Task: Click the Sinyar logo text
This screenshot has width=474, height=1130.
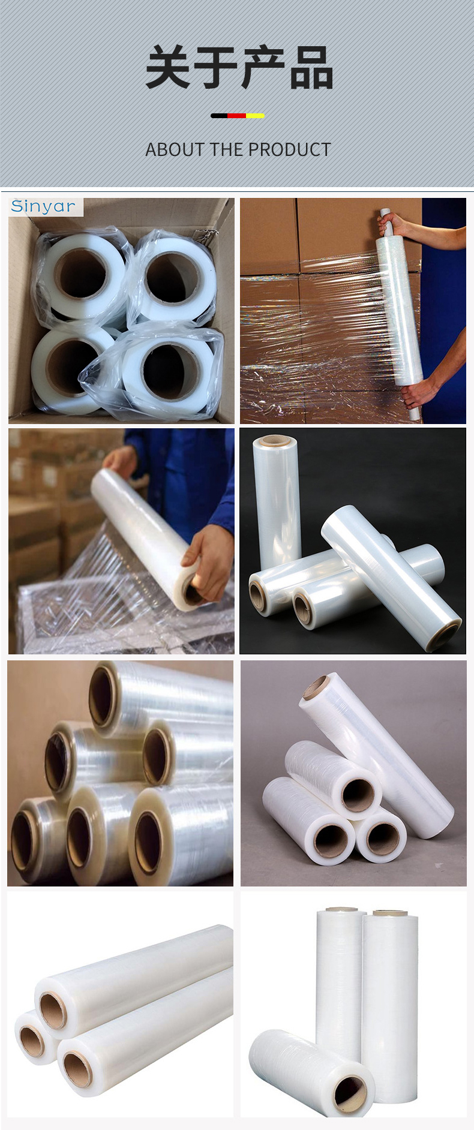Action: pyautogui.click(x=43, y=206)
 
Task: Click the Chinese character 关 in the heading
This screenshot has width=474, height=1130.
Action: pyautogui.click(x=169, y=67)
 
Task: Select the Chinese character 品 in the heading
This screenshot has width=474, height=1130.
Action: pyautogui.click(x=311, y=67)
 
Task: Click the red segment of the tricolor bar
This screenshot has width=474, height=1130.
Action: pyautogui.click(x=237, y=116)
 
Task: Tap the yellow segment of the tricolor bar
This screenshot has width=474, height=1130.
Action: pyautogui.click(x=256, y=116)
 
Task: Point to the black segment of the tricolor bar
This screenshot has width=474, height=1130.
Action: pyautogui.click(x=219, y=116)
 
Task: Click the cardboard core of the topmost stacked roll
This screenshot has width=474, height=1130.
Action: pyautogui.click(x=103, y=698)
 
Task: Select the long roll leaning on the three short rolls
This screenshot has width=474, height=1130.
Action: pyautogui.click(x=377, y=755)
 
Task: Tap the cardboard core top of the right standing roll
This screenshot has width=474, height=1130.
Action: pyautogui.click(x=390, y=913)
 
